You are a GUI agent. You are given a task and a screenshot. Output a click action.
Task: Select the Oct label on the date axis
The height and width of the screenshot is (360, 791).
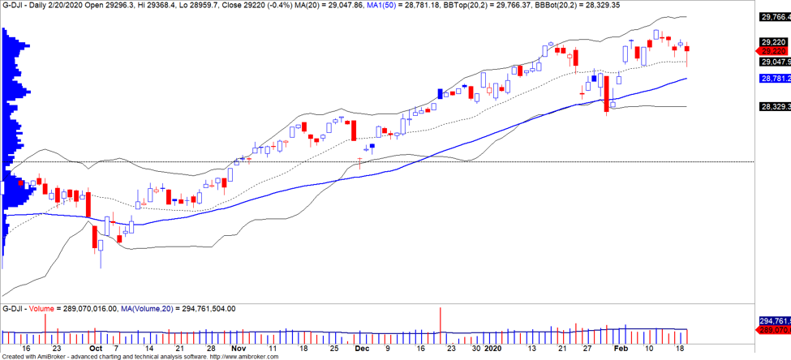tap(95, 348)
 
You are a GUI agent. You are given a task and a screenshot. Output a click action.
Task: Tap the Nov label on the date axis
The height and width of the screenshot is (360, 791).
tap(238, 348)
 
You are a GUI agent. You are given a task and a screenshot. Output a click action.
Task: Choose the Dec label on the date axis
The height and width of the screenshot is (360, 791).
tap(361, 348)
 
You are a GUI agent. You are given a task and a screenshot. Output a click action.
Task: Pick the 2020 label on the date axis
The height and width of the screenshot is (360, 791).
tap(493, 348)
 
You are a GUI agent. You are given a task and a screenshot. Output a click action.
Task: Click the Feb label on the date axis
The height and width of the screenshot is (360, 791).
tap(621, 348)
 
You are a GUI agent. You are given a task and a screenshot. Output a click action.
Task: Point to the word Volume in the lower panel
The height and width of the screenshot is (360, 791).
tap(41, 309)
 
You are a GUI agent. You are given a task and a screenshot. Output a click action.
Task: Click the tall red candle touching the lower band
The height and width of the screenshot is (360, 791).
tap(606, 93)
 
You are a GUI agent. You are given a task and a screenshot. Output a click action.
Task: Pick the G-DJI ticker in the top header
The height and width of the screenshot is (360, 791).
tap(14, 5)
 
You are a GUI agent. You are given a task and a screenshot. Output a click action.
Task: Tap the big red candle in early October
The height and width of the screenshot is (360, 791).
tap(95, 237)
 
